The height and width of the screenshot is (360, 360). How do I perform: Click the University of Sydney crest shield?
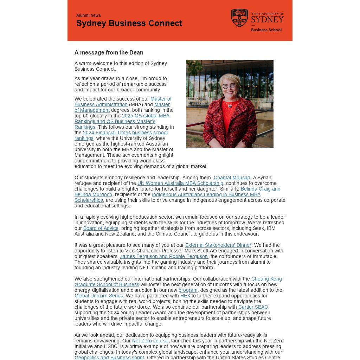[239, 18]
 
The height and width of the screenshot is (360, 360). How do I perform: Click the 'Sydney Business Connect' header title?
[129, 23]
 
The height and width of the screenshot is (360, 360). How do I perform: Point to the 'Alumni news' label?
[89, 15]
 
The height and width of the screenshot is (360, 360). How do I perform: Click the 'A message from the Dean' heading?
[109, 53]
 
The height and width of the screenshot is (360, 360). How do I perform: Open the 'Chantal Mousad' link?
[232, 178]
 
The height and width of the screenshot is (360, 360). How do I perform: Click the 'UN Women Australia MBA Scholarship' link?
[180, 184]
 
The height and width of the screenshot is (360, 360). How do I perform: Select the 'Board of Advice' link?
[101, 229]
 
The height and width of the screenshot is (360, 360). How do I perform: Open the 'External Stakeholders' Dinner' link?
[218, 245]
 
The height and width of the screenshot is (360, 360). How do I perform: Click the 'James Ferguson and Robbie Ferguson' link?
[164, 257]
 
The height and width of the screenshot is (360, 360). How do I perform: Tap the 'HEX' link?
[185, 296]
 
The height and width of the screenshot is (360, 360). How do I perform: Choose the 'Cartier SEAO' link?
[253, 307]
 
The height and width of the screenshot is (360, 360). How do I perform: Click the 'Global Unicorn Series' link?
[99, 296]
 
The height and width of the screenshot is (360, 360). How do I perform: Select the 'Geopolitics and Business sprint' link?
[109, 358]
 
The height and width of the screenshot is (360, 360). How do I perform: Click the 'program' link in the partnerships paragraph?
[188, 290]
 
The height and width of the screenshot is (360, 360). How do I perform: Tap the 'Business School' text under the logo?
[266, 30]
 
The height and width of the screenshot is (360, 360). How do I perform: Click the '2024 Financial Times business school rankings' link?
[125, 133]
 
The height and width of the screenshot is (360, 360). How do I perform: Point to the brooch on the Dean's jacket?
[230, 106]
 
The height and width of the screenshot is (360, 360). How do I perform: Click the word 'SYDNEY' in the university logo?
[267, 19]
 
